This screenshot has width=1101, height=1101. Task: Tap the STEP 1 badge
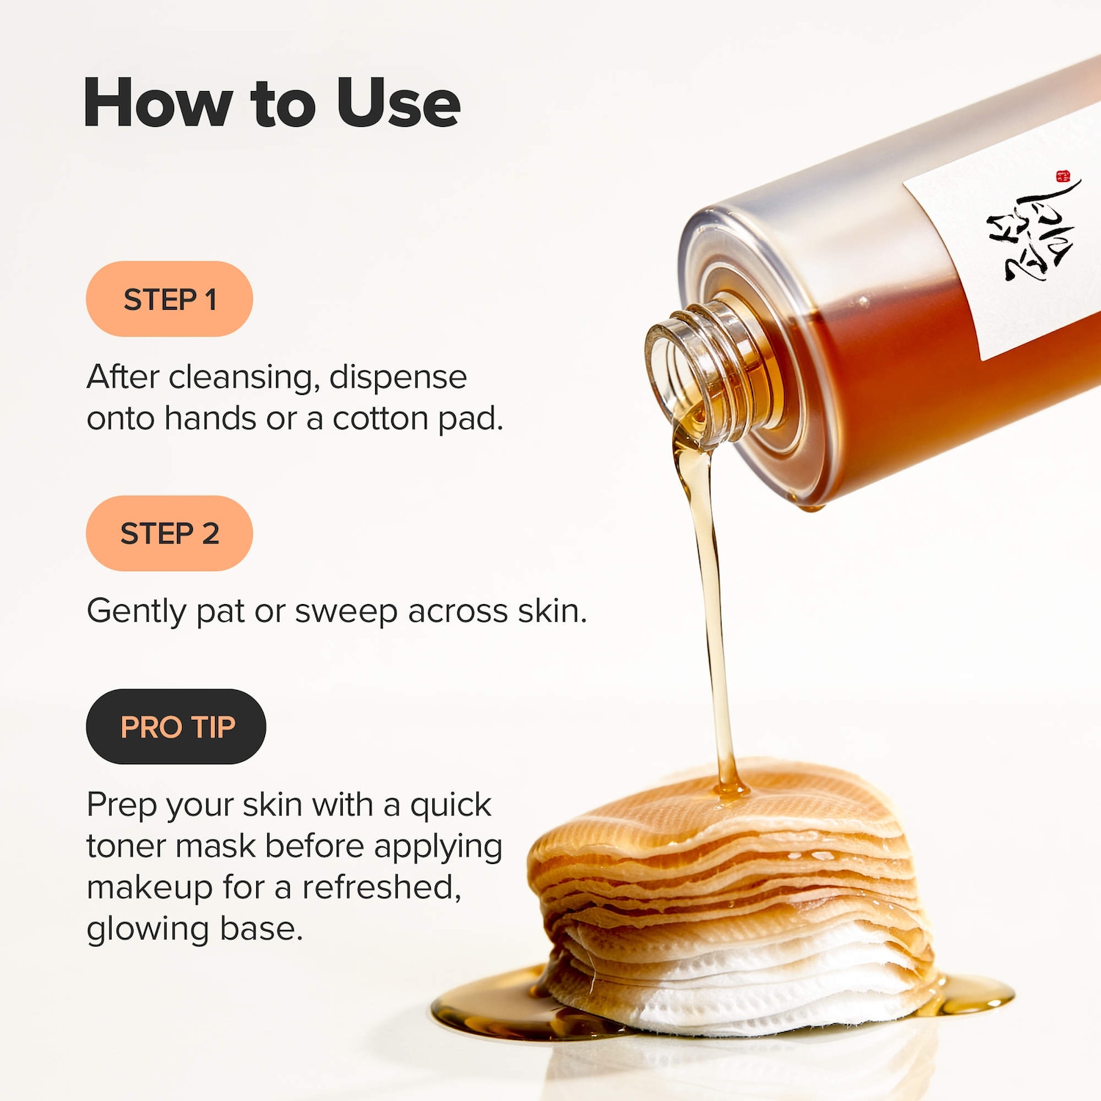pos(170,299)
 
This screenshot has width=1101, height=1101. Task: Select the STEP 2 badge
pos(170,534)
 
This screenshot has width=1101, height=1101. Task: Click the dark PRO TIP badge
pos(176,727)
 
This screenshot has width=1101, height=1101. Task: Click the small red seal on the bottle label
pos(1063,176)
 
